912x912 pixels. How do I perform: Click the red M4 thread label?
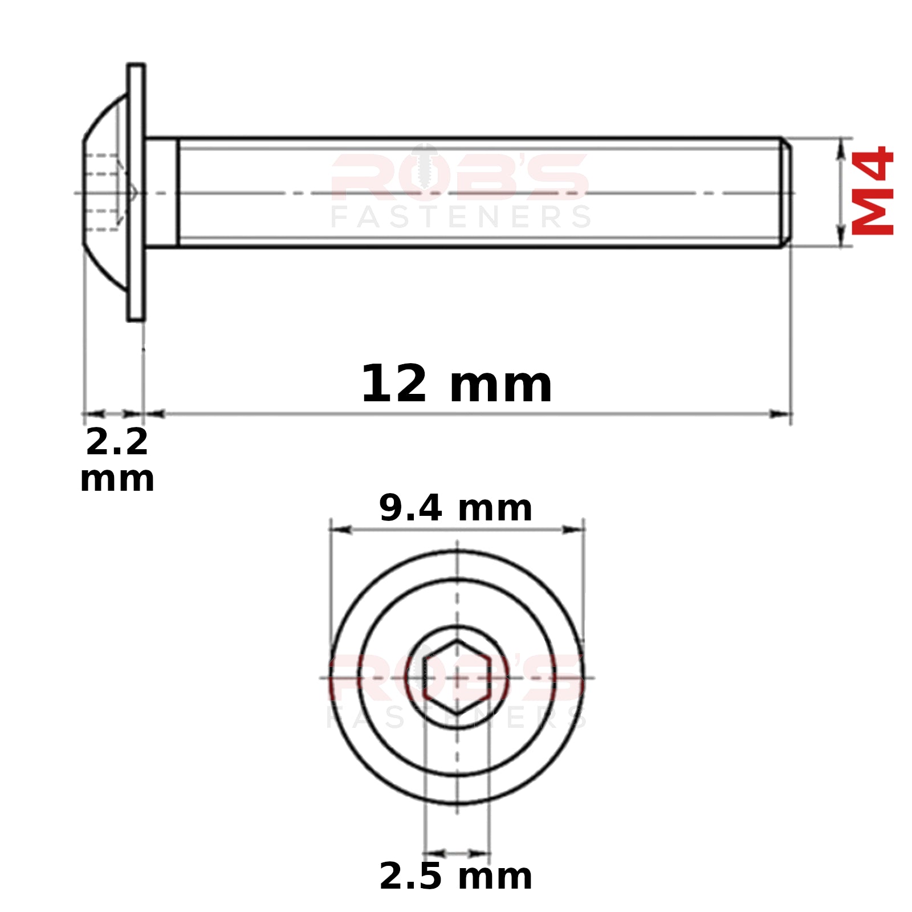click(x=872, y=190)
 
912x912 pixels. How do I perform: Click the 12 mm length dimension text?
click(x=457, y=384)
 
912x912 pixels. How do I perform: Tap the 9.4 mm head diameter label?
click(x=455, y=508)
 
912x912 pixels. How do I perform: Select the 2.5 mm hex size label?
click(x=455, y=876)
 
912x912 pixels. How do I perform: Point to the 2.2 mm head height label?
click(x=117, y=459)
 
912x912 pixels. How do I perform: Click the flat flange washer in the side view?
click(x=136, y=192)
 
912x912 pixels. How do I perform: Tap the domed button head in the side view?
click(x=105, y=192)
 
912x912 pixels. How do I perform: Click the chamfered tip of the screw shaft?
click(x=786, y=193)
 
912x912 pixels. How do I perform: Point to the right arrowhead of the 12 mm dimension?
click(x=780, y=414)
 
